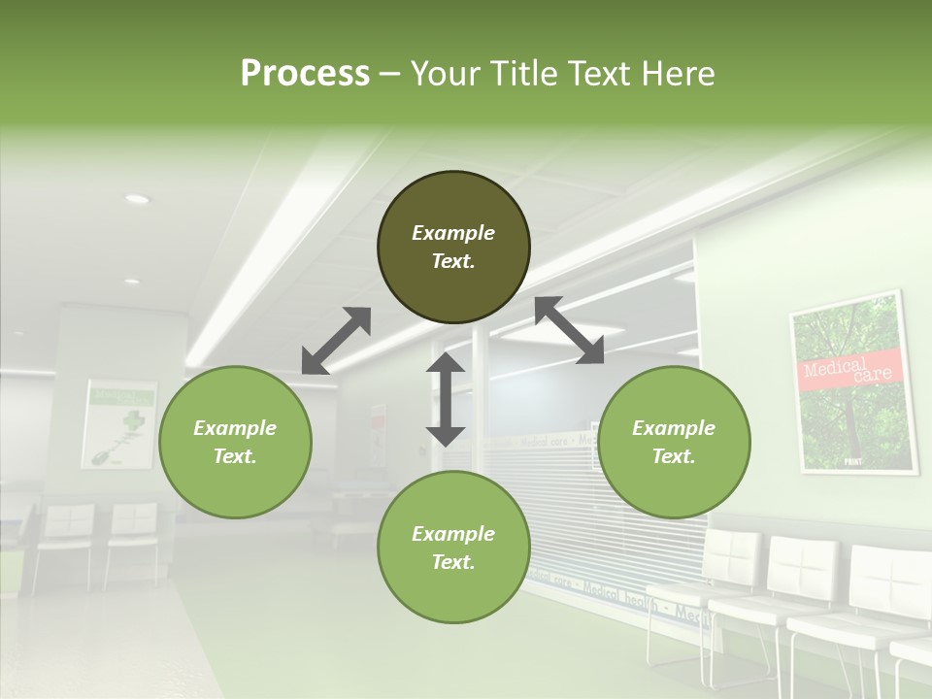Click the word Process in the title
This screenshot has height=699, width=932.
click(305, 74)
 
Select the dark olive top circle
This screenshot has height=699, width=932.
click(453, 248)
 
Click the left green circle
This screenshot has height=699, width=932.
click(235, 442)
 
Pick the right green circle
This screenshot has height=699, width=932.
click(674, 442)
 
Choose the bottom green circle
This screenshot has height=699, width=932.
click(453, 547)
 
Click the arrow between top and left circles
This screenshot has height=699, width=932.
click(336, 341)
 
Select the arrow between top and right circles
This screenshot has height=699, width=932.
click(569, 331)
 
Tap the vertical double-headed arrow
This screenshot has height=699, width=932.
click(446, 399)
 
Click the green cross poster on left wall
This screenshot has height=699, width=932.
click(119, 423)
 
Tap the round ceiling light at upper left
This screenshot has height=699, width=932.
click(137, 199)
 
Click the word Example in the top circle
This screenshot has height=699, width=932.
click(453, 233)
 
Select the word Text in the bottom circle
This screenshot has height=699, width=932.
click(453, 562)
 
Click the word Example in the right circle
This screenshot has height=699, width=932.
click(674, 428)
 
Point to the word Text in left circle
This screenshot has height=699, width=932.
click(235, 456)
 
